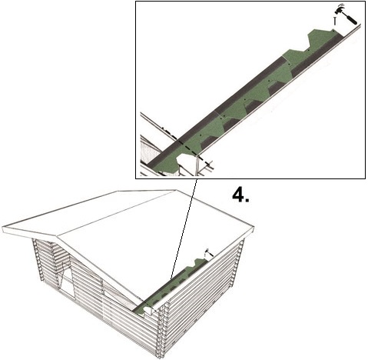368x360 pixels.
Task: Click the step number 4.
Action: click(240, 195)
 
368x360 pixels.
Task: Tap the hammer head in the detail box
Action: click(340, 10)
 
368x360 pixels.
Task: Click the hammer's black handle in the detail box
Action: click(351, 19)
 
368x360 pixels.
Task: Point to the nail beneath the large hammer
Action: click(334, 21)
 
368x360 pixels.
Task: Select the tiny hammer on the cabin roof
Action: click(208, 252)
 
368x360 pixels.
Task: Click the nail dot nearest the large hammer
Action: click(333, 31)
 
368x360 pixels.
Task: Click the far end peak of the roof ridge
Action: click(177, 190)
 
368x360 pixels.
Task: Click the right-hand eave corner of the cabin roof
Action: click(254, 227)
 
